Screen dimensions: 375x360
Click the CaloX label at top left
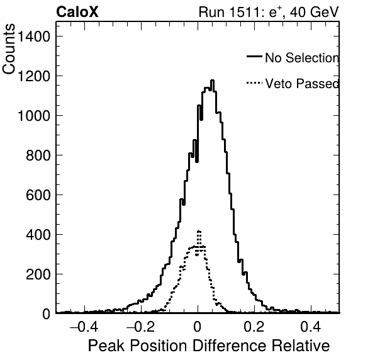tap(77, 12)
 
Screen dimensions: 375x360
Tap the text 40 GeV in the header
tap(314, 12)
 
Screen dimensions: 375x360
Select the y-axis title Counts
tap(9, 49)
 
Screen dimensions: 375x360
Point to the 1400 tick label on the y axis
tap(34, 37)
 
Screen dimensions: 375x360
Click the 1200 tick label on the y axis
tap(34, 76)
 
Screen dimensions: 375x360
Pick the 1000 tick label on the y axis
tap(34, 116)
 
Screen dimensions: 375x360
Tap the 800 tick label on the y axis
tap(38, 155)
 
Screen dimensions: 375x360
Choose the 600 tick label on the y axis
tap(38, 195)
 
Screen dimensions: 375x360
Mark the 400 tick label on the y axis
tap(38, 235)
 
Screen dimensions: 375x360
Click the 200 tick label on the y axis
tap(38, 274)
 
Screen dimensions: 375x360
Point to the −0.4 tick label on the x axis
tap(84, 327)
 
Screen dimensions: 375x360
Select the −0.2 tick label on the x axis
tap(140, 327)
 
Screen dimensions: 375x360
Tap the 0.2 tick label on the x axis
tap(254, 327)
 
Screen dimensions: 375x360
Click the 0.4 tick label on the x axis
tap(311, 327)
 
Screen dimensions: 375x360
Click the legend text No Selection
tap(302, 58)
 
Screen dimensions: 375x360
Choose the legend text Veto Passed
tap(302, 84)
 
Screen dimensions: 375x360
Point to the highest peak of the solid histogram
tap(212, 81)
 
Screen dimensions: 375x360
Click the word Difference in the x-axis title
tap(230, 346)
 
